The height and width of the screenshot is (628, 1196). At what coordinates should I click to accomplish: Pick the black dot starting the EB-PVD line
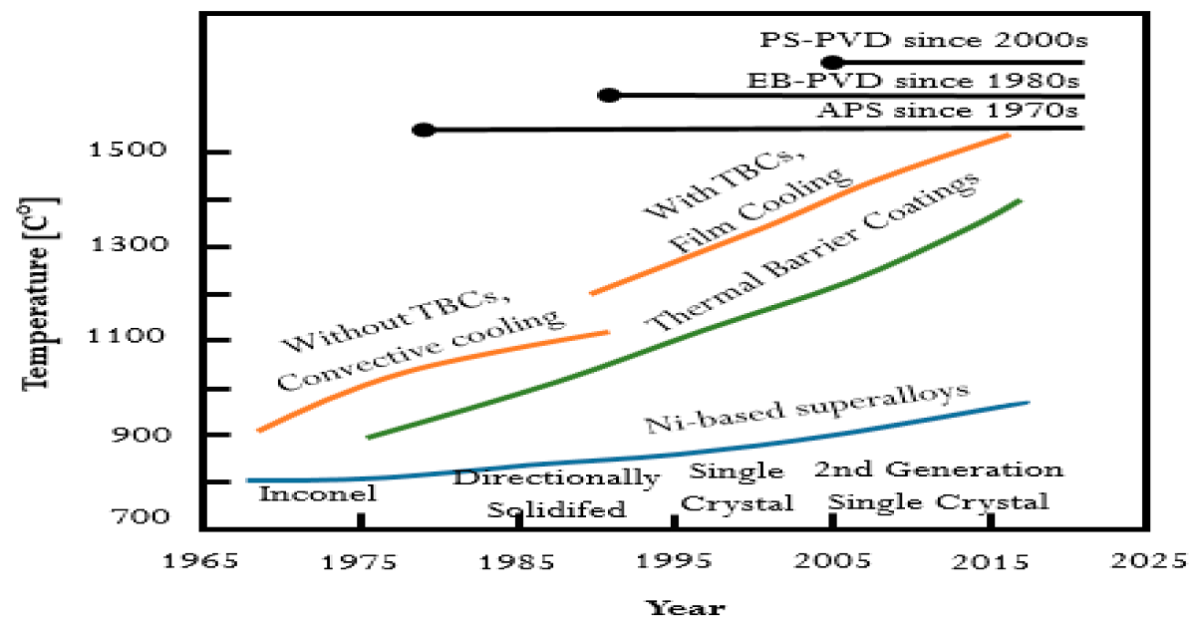tap(609, 96)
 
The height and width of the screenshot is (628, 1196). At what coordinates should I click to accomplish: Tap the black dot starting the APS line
tap(423, 130)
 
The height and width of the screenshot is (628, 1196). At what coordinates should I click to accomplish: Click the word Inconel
tap(318, 492)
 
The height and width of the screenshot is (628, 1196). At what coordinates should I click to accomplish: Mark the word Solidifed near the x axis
tap(556, 509)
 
